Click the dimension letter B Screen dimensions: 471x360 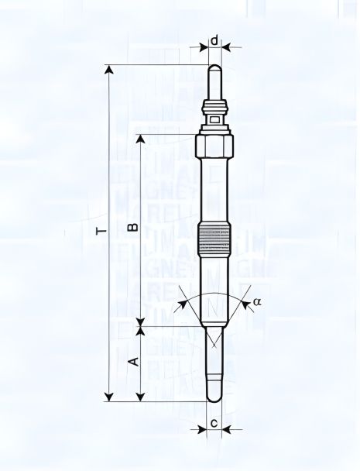tap(132, 227)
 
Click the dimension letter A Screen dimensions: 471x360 tap(132, 362)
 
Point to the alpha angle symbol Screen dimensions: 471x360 tap(258, 301)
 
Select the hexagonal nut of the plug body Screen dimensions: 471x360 tap(214, 144)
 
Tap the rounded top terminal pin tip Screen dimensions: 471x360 tap(214, 71)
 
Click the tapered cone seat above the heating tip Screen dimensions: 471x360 tap(214, 335)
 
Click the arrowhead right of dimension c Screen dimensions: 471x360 tap(229, 429)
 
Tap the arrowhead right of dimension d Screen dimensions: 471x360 tap(227, 46)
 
